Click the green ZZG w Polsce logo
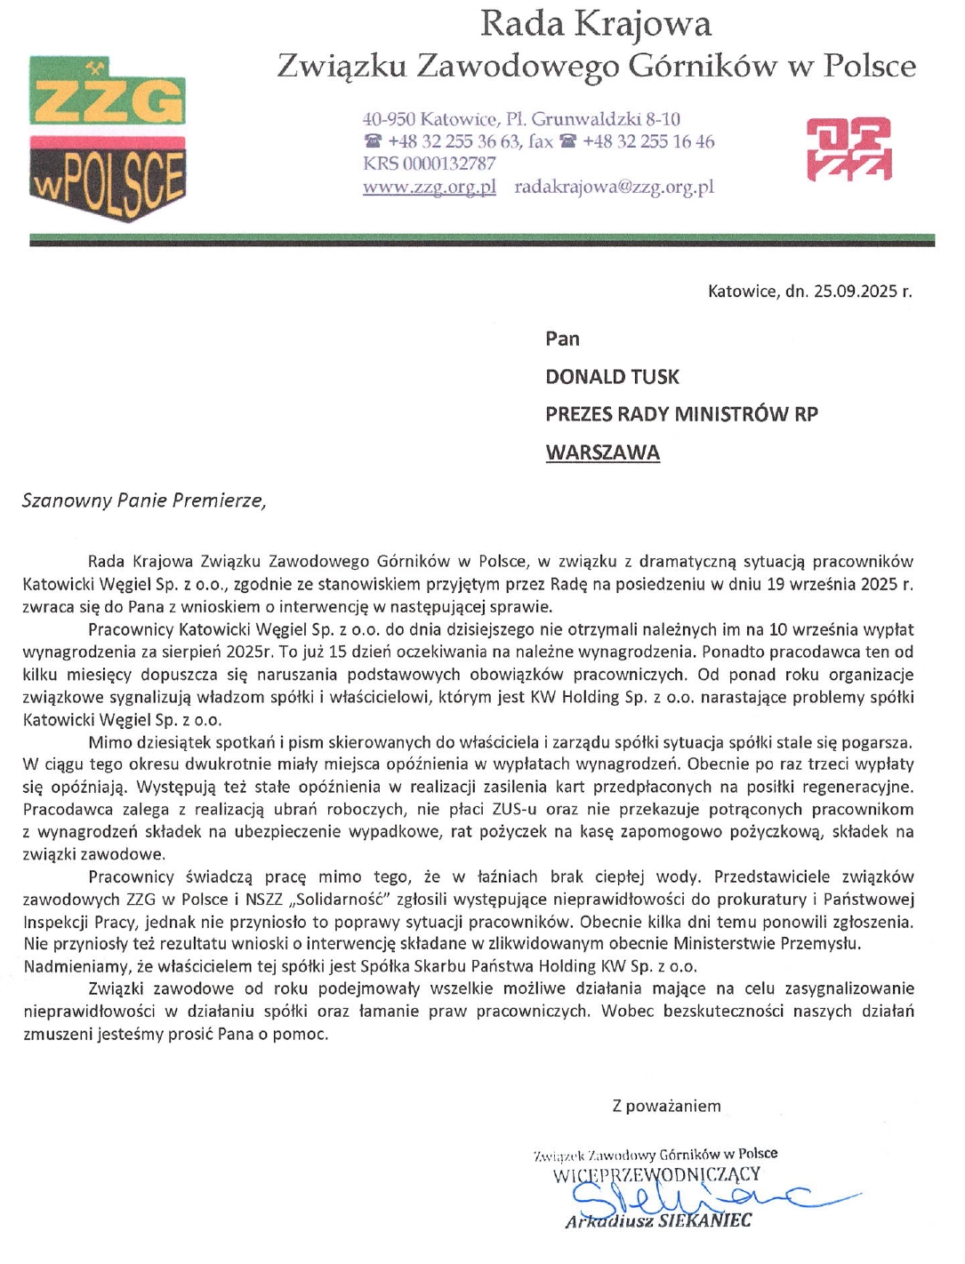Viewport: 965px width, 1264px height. tap(108, 138)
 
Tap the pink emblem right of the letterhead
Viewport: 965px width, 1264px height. tap(848, 149)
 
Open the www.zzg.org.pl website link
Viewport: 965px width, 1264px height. tap(429, 187)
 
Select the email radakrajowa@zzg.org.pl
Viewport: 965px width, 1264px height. tap(614, 187)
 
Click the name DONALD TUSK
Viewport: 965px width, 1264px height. tap(612, 377)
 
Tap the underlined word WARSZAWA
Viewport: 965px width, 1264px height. tap(602, 452)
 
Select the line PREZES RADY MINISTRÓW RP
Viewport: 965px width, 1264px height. tap(681, 414)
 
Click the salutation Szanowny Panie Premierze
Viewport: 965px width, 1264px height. tap(144, 500)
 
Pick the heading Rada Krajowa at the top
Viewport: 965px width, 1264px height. tap(595, 24)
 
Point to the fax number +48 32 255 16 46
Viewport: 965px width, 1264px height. tap(648, 141)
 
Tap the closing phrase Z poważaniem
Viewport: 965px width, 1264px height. tap(666, 1106)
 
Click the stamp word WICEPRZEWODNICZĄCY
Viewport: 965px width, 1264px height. tap(656, 1175)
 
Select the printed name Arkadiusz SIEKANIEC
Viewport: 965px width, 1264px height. tap(658, 1220)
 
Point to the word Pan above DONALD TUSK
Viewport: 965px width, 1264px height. tap(562, 339)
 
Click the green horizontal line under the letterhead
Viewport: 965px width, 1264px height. tap(482, 240)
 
